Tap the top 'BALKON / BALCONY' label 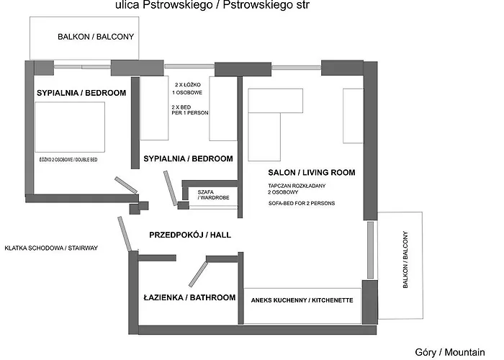click(x=96, y=37)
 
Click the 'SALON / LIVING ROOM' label click(x=312, y=173)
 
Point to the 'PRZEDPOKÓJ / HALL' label click(x=189, y=235)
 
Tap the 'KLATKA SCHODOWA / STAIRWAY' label click(x=50, y=248)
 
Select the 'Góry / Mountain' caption click(x=449, y=351)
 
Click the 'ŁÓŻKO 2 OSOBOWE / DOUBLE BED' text click(x=68, y=158)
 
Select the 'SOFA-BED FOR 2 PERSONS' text click(x=301, y=204)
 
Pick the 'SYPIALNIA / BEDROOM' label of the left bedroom click(x=81, y=93)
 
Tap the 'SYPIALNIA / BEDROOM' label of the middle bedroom click(x=188, y=158)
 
